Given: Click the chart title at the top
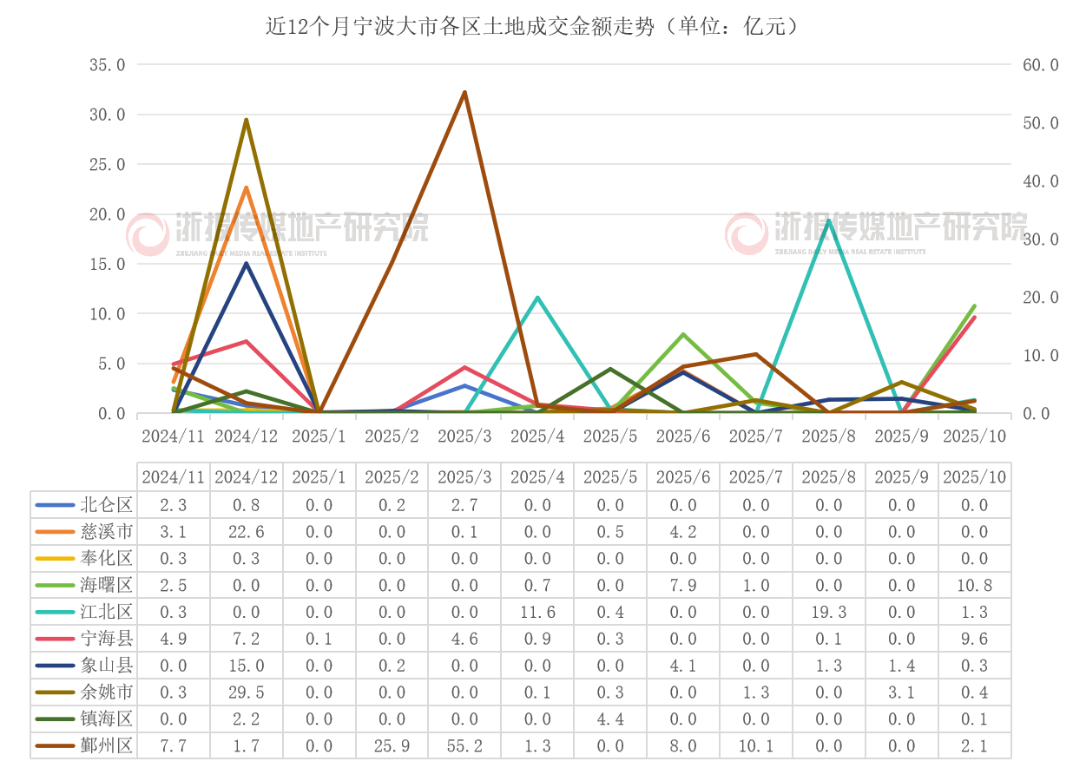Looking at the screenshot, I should [x=531, y=27].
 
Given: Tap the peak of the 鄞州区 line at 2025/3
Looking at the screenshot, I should [x=465, y=92].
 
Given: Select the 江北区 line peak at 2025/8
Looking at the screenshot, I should [x=829, y=220].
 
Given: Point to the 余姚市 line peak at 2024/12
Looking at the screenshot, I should [x=247, y=120].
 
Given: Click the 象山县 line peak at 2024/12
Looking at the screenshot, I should [x=247, y=264].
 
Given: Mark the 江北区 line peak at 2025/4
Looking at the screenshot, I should [x=538, y=298].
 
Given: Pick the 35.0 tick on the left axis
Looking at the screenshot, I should [x=108, y=65].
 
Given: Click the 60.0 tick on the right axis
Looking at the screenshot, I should [x=1040, y=65].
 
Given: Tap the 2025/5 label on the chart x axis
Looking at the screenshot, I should [x=610, y=436].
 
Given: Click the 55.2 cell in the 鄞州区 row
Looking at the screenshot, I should [x=464, y=745].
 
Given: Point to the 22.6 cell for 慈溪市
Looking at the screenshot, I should [x=247, y=532].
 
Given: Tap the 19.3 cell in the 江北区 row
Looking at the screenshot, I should [x=828, y=613].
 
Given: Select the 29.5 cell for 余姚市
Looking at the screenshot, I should [x=247, y=692].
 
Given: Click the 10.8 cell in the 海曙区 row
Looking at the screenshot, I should [x=974, y=586].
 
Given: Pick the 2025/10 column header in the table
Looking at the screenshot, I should [x=974, y=477].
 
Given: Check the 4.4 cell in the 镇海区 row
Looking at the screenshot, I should [x=610, y=719].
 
